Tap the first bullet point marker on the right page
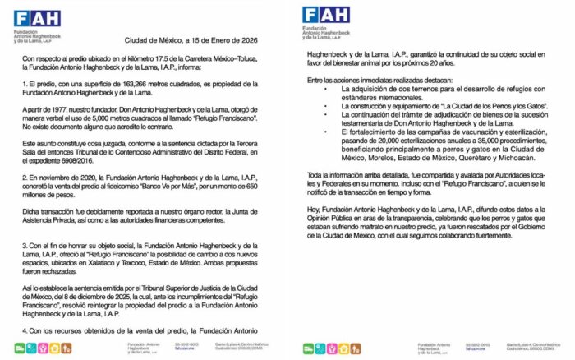[x=328, y=89]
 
